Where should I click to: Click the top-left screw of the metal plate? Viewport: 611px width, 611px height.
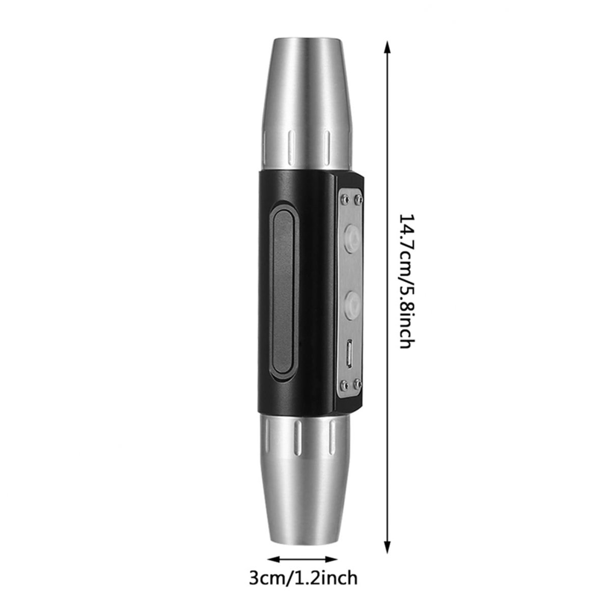point(344,199)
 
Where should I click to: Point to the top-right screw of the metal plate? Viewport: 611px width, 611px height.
point(358,199)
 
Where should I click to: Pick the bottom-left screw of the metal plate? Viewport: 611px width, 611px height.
point(344,384)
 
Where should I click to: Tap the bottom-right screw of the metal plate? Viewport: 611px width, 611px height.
point(358,384)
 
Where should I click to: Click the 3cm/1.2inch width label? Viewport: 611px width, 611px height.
point(303,560)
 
